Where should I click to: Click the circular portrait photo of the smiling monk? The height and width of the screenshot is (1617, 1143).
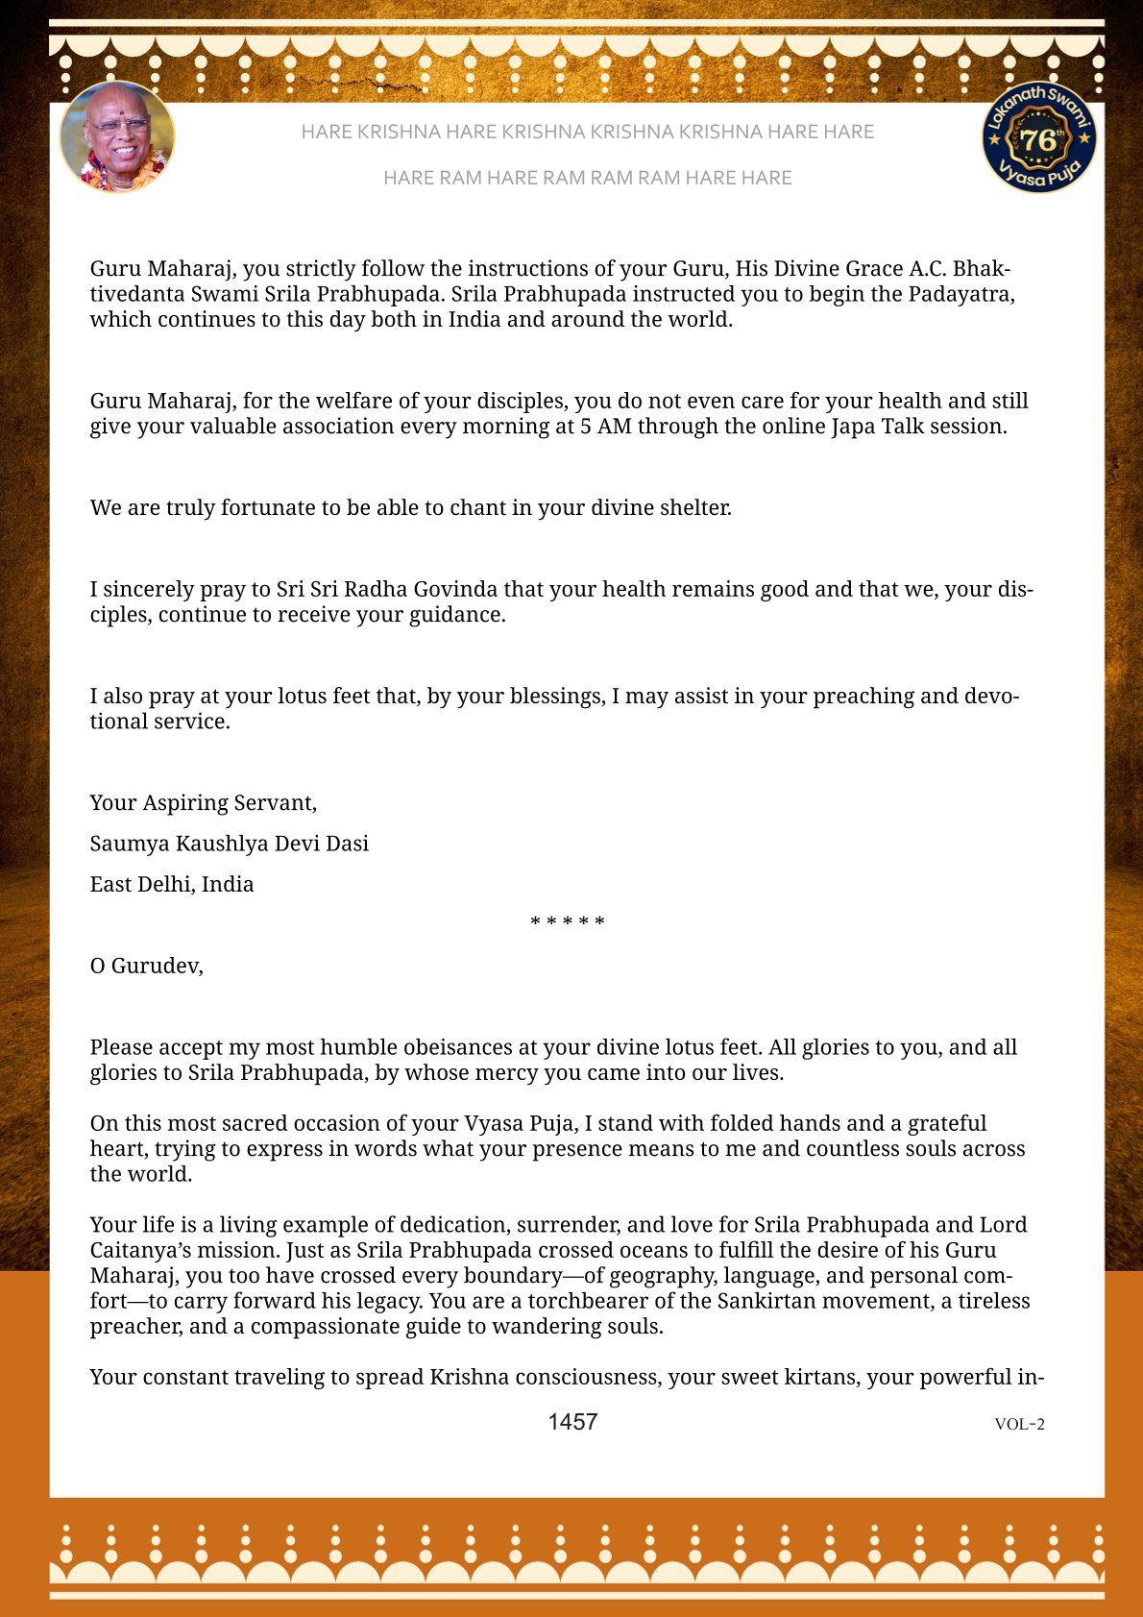coord(117,136)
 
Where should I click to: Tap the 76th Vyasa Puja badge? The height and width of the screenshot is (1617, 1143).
coord(1039,136)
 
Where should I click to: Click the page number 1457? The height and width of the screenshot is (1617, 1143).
coord(572,1422)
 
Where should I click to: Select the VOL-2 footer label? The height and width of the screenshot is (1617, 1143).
coord(1019,1424)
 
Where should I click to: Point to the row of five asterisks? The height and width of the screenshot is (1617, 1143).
coord(568,922)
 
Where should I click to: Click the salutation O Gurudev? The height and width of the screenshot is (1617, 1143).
coord(146,966)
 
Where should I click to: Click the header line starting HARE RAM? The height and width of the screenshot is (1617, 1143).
coord(587,178)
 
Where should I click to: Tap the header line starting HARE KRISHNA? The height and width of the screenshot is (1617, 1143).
coord(587,132)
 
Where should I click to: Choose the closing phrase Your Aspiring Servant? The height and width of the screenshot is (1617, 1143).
coord(203,802)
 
